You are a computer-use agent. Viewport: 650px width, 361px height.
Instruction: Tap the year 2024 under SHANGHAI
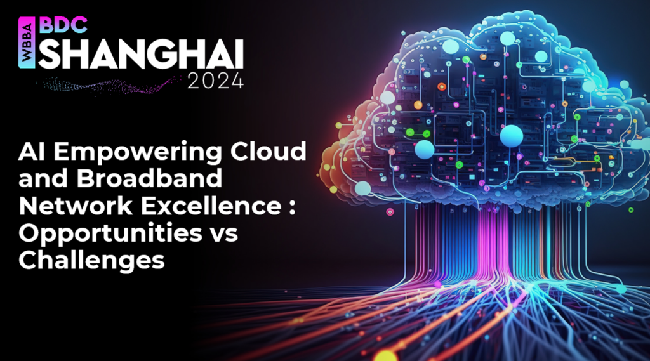point(215,82)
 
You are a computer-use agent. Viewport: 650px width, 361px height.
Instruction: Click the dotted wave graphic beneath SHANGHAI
point(108,85)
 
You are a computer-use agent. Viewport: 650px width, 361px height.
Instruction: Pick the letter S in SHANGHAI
point(50,56)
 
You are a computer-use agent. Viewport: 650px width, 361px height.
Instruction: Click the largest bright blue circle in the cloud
point(510,136)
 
